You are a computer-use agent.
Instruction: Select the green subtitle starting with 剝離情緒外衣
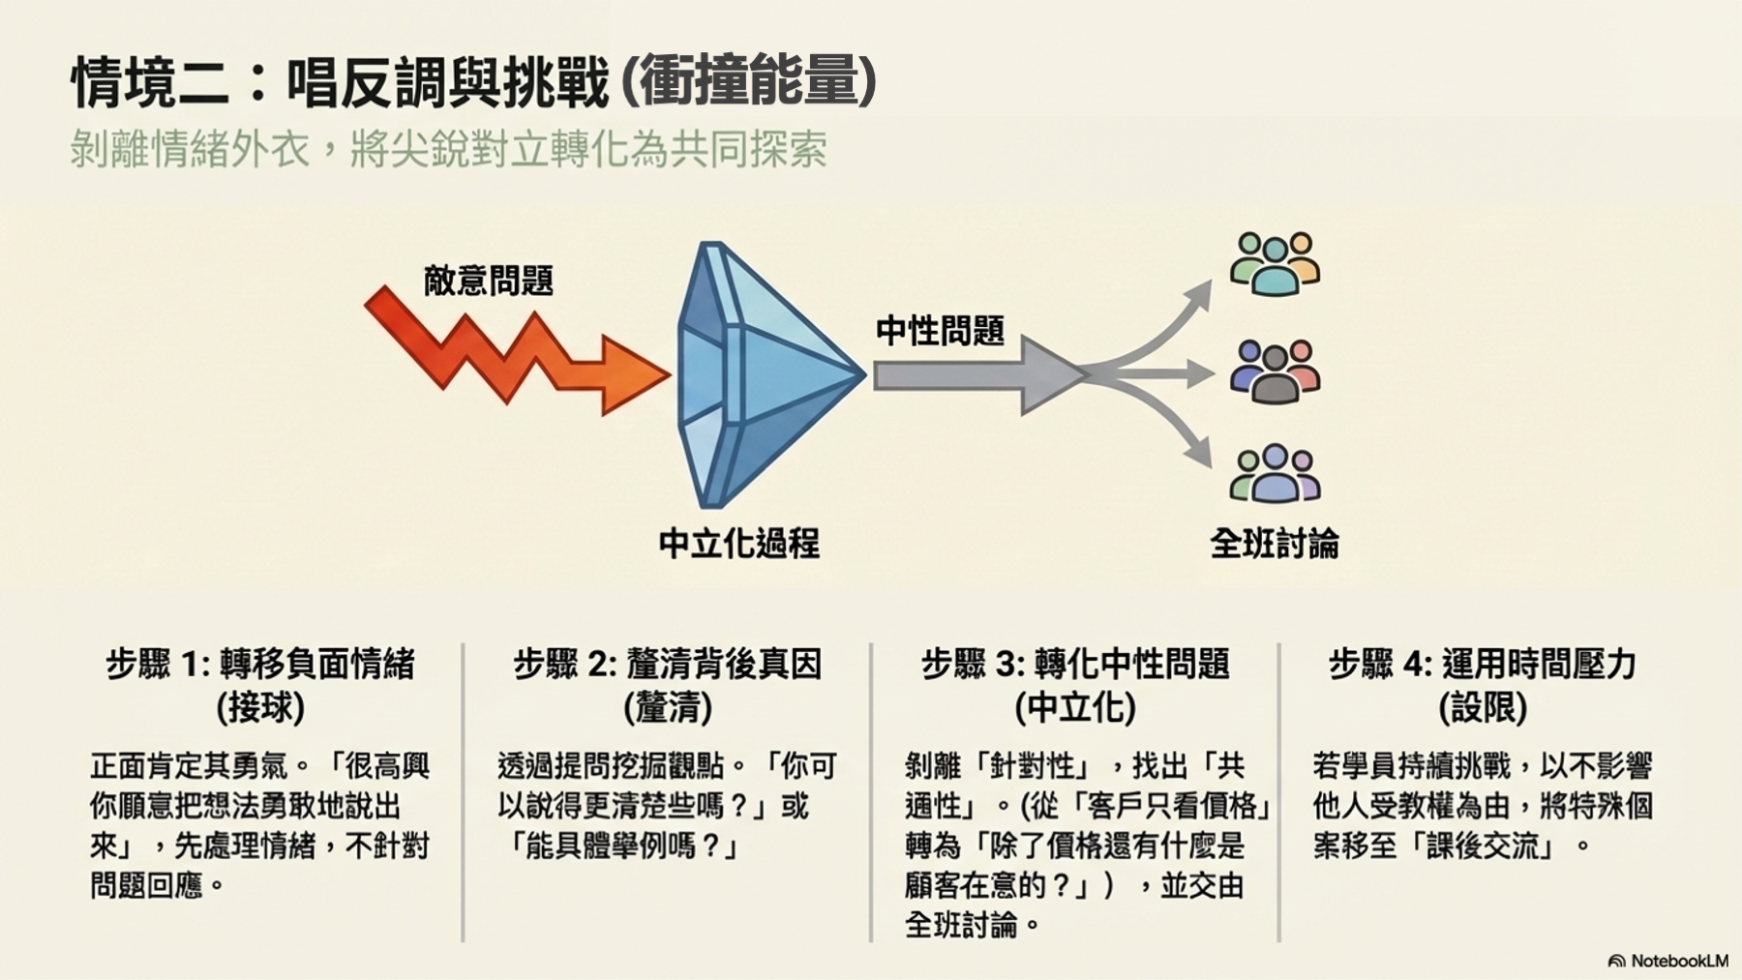[x=448, y=150]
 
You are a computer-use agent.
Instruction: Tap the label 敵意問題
[x=489, y=281]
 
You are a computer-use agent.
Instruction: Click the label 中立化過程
[x=738, y=544]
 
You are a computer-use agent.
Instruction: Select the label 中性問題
[x=940, y=331]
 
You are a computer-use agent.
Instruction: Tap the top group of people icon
[x=1275, y=263]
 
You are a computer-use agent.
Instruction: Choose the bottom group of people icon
[x=1275, y=473]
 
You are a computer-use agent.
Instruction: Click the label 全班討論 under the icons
[x=1275, y=544]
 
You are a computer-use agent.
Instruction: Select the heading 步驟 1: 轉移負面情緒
[x=260, y=665]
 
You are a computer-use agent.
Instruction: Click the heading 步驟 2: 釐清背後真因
[x=668, y=665]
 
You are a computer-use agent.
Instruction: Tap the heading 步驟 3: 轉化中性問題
[x=1075, y=665]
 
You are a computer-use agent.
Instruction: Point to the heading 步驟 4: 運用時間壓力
[x=1483, y=665]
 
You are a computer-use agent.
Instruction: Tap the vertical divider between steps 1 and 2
[x=464, y=792]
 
